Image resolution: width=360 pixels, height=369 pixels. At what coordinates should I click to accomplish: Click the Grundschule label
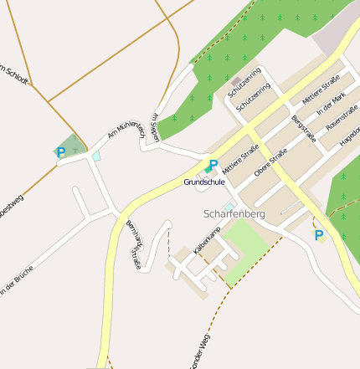tap(204, 182)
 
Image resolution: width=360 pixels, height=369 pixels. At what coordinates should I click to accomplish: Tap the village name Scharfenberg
tap(234, 214)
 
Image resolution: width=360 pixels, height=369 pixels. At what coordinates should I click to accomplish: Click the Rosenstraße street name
tap(342, 126)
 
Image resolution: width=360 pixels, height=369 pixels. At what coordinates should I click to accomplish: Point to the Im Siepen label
tap(154, 127)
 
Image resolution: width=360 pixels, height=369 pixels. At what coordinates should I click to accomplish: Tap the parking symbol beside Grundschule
tap(213, 164)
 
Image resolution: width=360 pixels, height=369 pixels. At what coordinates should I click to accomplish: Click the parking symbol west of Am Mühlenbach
tap(60, 152)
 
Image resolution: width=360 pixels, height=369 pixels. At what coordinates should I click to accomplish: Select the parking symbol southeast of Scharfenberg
tap(318, 235)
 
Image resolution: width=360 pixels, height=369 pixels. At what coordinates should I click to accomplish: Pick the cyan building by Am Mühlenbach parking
tap(96, 156)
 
